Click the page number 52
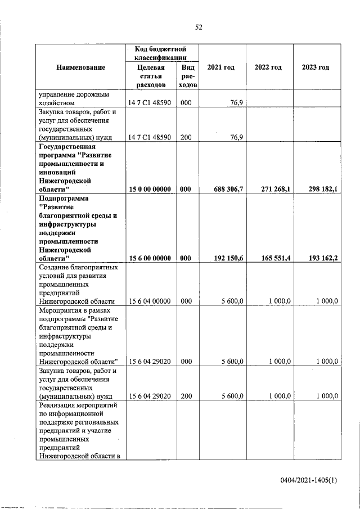pyautogui.click(x=199, y=27)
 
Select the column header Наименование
pyautogui.click(x=80, y=67)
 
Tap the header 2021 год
pyautogui.click(x=221, y=67)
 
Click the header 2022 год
pyautogui.click(x=268, y=67)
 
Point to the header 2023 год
pyautogui.click(x=316, y=67)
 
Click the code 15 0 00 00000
pyautogui.click(x=150, y=190)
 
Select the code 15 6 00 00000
pyautogui.click(x=150, y=258)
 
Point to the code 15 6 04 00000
pyautogui.click(x=150, y=301)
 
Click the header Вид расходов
pyautogui.click(x=187, y=76)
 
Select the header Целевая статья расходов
pyautogui.click(x=150, y=76)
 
